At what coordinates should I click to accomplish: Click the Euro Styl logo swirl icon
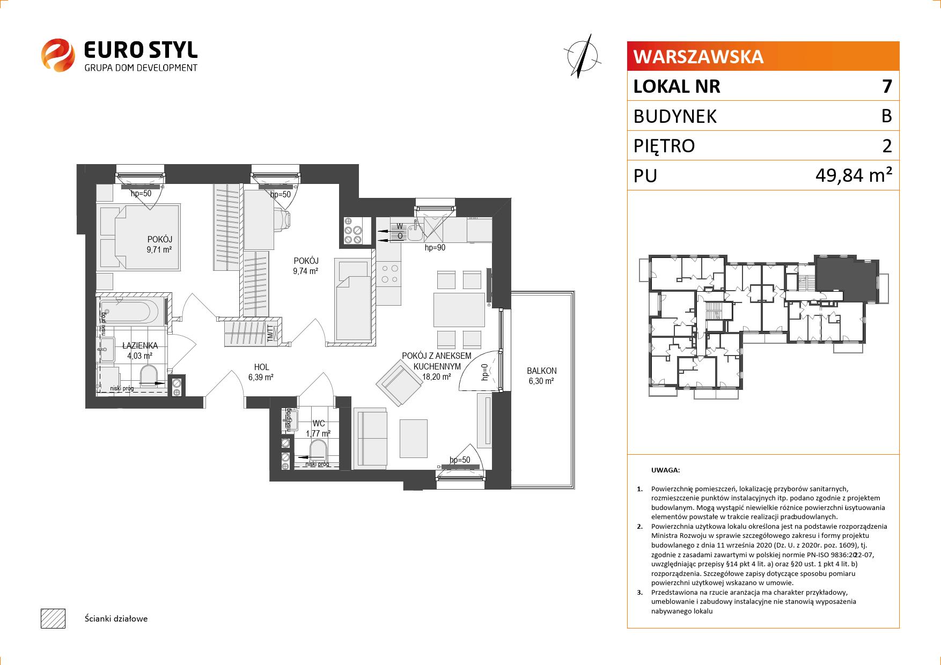pyautogui.click(x=57, y=54)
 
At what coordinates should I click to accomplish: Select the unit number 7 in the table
pyautogui.click(x=886, y=86)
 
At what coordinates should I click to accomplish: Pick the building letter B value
pyautogui.click(x=886, y=116)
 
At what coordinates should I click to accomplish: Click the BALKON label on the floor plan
pyautogui.click(x=541, y=371)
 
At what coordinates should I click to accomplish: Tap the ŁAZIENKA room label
pyautogui.click(x=139, y=346)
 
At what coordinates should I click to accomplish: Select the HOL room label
pyautogui.click(x=261, y=367)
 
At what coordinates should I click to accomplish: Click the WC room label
pyautogui.click(x=319, y=424)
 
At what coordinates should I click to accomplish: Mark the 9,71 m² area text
pyautogui.click(x=159, y=249)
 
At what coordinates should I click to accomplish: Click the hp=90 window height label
pyautogui.click(x=435, y=248)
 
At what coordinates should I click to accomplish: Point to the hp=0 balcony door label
pyautogui.click(x=484, y=371)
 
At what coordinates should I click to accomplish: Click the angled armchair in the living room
pyautogui.click(x=399, y=382)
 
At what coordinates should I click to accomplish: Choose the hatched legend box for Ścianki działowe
pyautogui.click(x=53, y=618)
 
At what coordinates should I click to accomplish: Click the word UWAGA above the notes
pyautogui.click(x=665, y=470)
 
